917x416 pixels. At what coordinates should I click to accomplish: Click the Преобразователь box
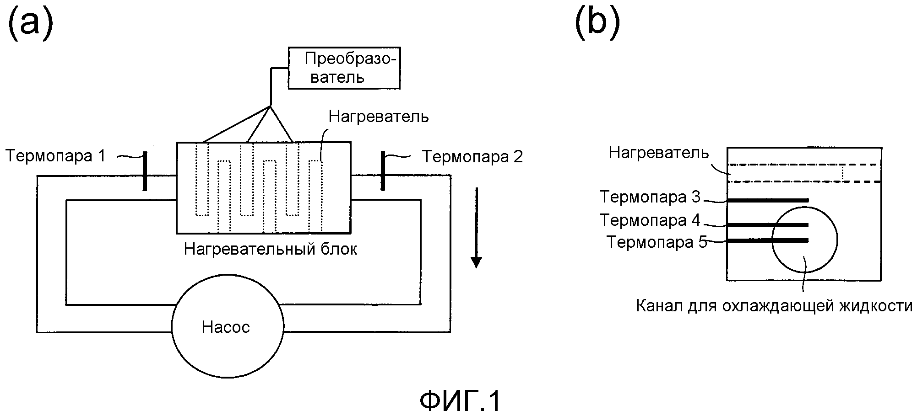(x=344, y=68)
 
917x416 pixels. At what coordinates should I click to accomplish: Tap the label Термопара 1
(x=55, y=156)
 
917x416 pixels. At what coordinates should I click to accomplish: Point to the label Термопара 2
(x=472, y=157)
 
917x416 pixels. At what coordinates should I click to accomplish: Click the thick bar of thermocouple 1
(x=145, y=171)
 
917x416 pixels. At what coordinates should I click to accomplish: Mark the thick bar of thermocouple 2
(x=383, y=171)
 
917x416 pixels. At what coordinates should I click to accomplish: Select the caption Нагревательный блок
(x=270, y=249)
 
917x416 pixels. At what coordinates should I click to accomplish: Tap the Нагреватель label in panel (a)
(x=379, y=117)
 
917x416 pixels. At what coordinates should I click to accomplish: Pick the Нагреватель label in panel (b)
(x=658, y=153)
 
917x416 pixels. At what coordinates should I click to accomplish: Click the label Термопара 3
(x=650, y=197)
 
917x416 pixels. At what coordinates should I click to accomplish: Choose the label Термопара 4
(x=650, y=220)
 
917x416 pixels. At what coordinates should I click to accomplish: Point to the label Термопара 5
(x=657, y=242)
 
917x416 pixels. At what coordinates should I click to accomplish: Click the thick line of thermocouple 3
(x=768, y=200)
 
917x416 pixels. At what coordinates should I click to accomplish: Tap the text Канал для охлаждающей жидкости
(x=774, y=306)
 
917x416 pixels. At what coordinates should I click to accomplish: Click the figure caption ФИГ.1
(x=460, y=401)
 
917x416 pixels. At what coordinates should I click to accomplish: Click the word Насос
(x=226, y=327)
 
